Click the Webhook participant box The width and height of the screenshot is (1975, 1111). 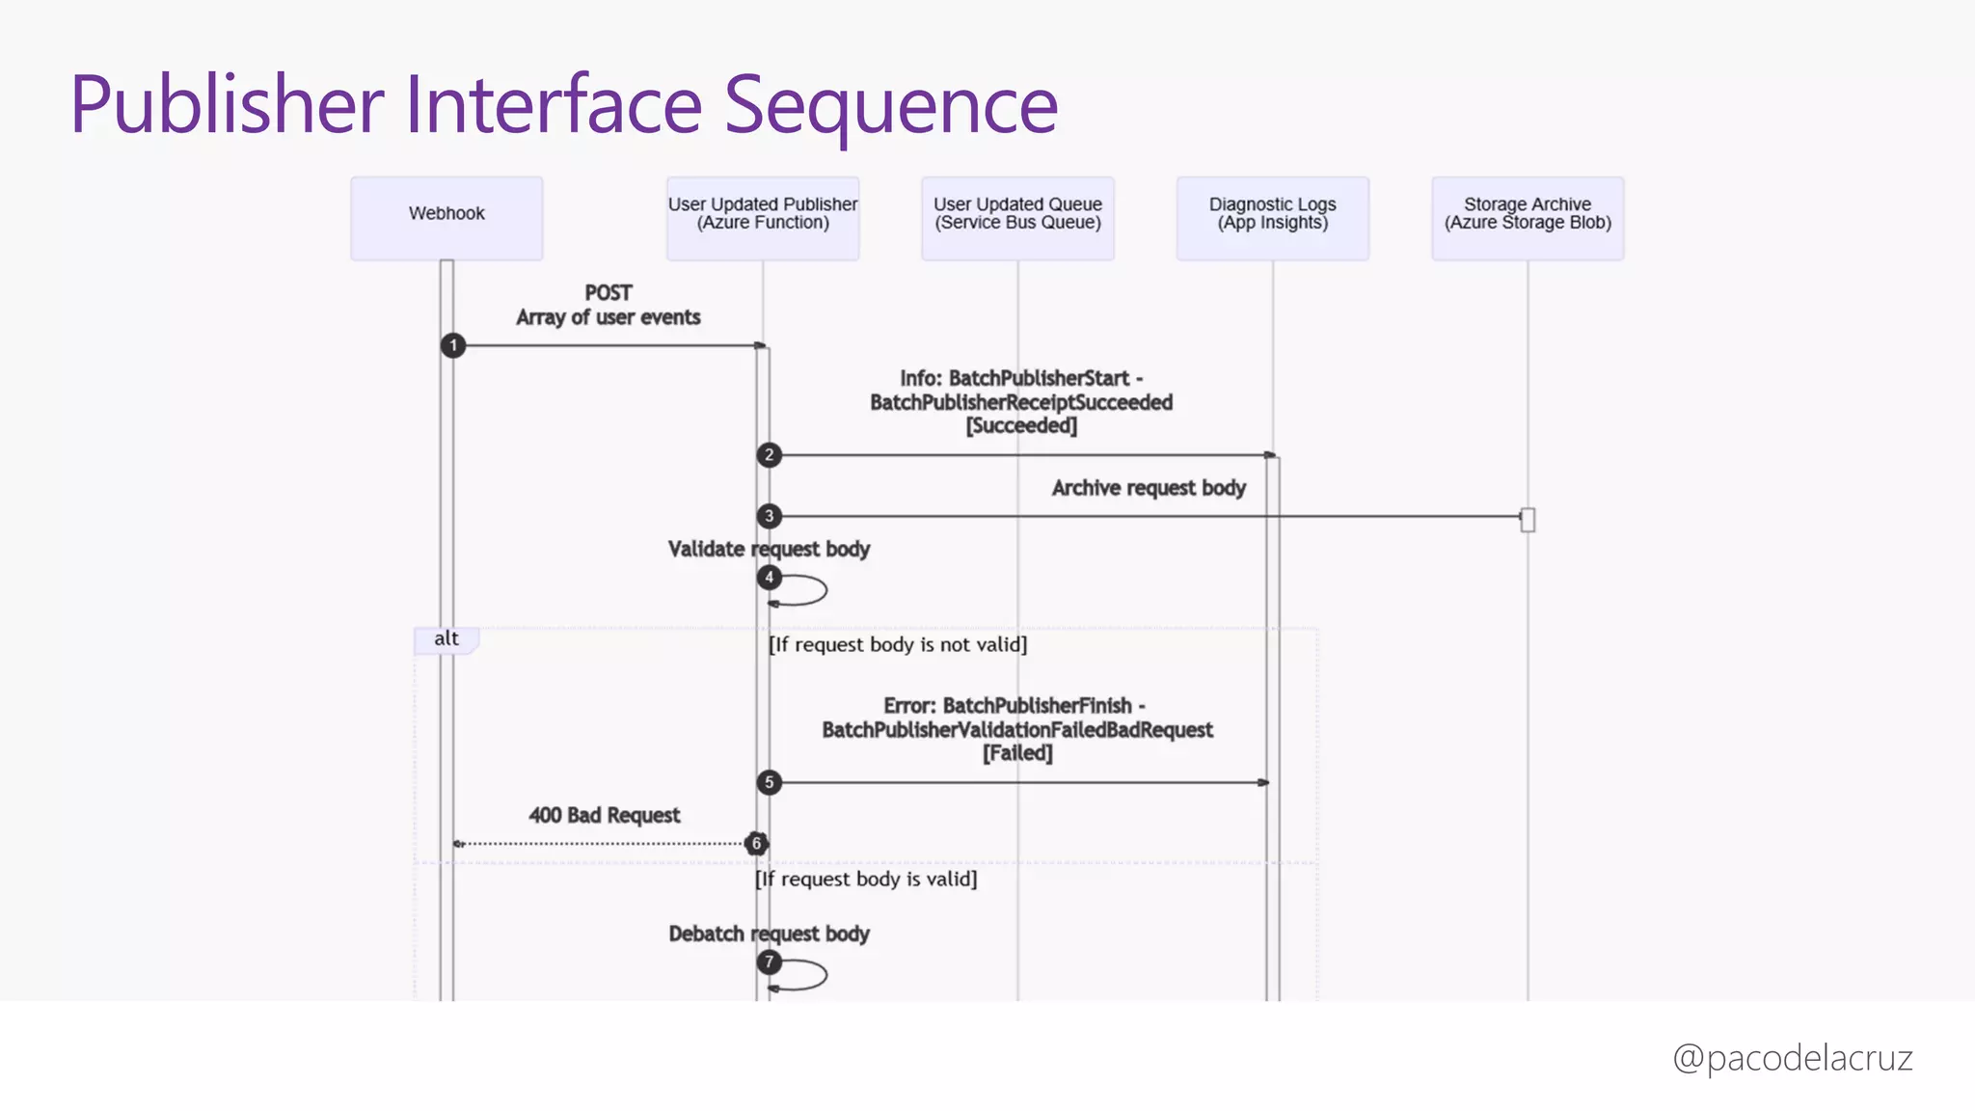click(446, 218)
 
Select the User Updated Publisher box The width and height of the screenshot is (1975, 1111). click(763, 218)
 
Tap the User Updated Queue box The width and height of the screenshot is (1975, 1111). click(1017, 218)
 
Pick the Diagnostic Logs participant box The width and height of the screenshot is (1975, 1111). click(1272, 218)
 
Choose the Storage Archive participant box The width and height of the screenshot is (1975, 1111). click(1528, 218)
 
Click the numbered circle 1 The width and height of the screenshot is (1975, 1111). click(453, 345)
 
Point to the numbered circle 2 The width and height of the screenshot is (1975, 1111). click(769, 454)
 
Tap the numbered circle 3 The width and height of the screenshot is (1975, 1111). click(769, 516)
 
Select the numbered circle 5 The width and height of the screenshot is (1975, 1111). click(769, 782)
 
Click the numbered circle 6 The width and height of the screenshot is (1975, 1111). click(756, 844)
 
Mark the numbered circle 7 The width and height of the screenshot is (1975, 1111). click(769, 962)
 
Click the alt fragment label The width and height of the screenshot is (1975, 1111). click(446, 639)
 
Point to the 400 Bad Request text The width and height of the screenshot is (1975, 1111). click(604, 816)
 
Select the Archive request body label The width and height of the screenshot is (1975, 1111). click(1149, 488)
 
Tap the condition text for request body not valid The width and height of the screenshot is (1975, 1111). click(898, 644)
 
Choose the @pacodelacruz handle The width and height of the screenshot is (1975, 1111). click(1792, 1058)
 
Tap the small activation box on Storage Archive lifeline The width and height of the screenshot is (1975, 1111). click(1528, 520)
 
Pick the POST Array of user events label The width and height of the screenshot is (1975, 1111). click(608, 305)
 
